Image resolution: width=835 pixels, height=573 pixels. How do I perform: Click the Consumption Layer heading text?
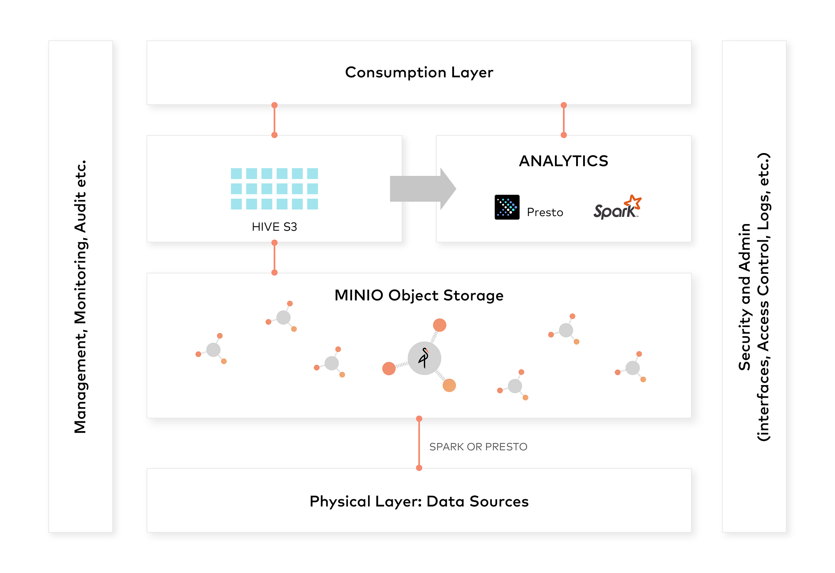[419, 73]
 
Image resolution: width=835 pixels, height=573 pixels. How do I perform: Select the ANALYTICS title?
[563, 161]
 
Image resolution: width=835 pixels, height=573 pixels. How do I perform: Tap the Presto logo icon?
[507, 207]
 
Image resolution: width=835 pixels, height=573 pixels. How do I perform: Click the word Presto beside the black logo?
[545, 212]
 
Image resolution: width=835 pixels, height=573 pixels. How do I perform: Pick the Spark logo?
[617, 208]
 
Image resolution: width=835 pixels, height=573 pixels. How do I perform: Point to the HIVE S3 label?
[274, 227]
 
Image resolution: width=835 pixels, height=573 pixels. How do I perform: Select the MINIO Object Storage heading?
[419, 295]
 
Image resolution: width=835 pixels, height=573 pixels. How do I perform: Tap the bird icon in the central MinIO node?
[424, 358]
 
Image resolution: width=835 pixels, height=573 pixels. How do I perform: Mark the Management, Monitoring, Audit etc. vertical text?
[80, 296]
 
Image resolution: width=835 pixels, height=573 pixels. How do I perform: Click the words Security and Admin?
[745, 296]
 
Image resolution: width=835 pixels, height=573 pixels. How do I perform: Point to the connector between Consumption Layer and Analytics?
[563, 120]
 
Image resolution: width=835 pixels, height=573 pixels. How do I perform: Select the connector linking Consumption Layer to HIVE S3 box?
[275, 120]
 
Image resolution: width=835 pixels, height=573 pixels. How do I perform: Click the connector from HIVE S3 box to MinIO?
[275, 257]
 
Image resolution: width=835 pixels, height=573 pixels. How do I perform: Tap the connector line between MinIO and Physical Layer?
[419, 443]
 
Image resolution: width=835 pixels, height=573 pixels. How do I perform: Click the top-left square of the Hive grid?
[236, 174]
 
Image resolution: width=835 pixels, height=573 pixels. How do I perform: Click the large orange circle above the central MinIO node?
[439, 325]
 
